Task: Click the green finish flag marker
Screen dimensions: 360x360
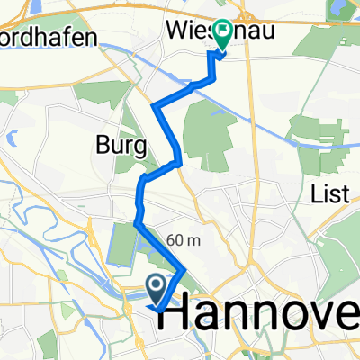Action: (x=218, y=40)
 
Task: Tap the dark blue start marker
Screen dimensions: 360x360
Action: (x=156, y=289)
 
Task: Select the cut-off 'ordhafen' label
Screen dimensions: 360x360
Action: (x=40, y=46)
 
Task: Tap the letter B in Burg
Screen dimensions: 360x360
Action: (x=101, y=145)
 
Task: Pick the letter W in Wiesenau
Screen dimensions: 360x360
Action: (x=175, y=30)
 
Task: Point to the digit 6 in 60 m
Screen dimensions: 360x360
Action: (x=171, y=239)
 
